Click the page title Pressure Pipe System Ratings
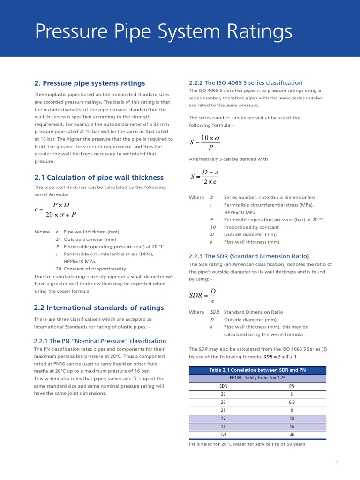click(x=164, y=32)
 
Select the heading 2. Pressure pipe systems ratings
click(x=90, y=83)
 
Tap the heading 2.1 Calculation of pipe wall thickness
click(x=99, y=178)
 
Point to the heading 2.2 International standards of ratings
click(x=99, y=308)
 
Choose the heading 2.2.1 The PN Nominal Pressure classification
click(x=100, y=341)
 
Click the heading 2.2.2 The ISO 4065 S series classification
click(x=246, y=82)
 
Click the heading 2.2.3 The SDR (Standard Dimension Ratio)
click(x=249, y=256)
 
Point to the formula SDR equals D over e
click(x=202, y=296)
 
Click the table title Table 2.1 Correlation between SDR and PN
click(x=257, y=370)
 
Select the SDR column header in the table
click(x=223, y=386)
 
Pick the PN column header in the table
click(x=292, y=386)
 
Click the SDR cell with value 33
click(x=223, y=394)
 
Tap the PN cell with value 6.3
click(x=292, y=402)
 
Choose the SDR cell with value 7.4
click(x=223, y=434)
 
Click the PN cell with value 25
click(x=292, y=434)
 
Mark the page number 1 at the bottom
click(x=337, y=462)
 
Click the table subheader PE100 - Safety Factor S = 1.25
click(x=257, y=378)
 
